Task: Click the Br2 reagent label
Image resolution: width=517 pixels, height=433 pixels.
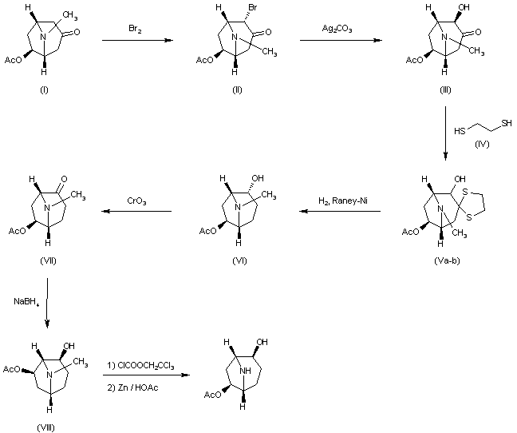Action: point(136,30)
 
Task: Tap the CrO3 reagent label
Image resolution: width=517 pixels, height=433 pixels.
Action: point(136,202)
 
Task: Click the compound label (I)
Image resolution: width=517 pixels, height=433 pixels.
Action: point(44,89)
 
